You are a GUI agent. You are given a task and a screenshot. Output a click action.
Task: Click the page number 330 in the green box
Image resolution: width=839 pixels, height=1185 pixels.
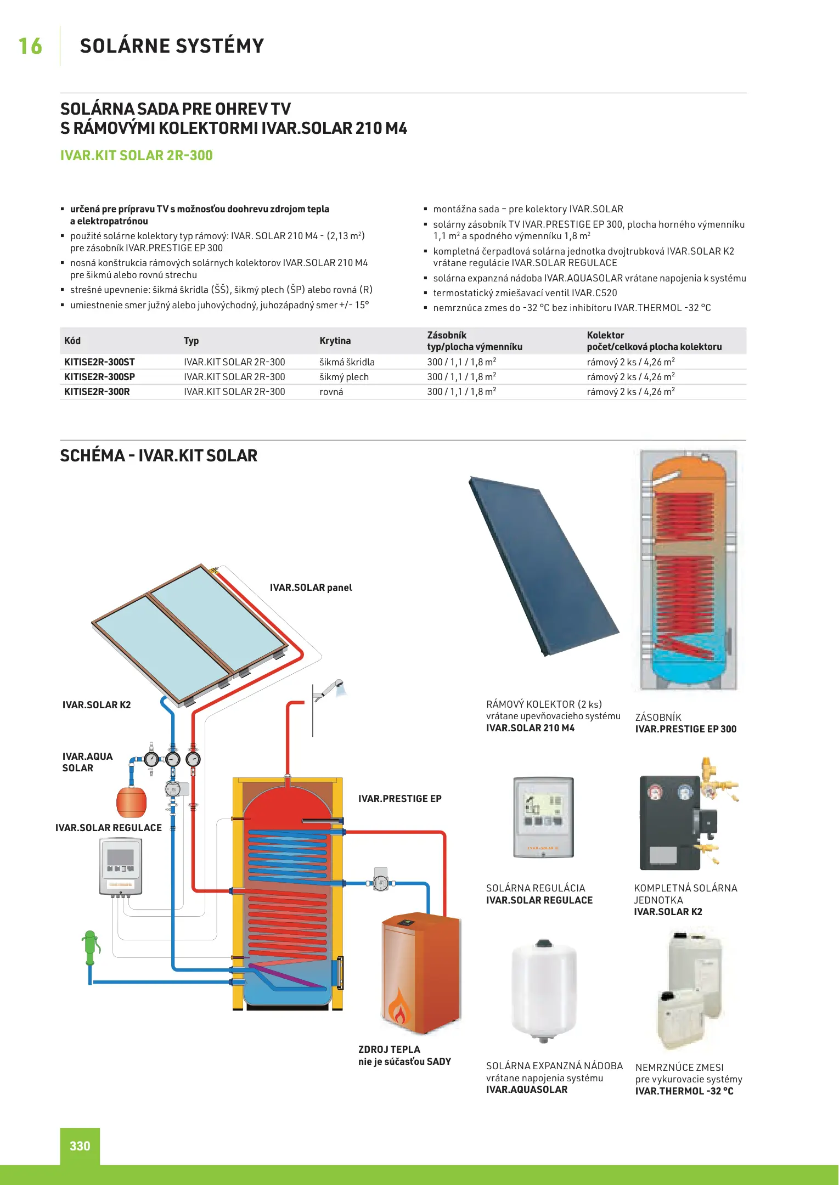(80, 1145)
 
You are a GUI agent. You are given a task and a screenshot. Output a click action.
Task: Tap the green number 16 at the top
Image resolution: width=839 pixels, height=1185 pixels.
(30, 47)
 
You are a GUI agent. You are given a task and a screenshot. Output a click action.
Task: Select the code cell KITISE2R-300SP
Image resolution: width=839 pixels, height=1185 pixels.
(99, 377)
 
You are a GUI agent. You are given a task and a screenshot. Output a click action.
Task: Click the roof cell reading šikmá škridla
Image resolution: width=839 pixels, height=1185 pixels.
(347, 362)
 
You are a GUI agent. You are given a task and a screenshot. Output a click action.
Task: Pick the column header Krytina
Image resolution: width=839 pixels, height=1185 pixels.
(335, 341)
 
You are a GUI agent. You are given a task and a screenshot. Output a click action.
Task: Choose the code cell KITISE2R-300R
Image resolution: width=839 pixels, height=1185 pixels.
(97, 392)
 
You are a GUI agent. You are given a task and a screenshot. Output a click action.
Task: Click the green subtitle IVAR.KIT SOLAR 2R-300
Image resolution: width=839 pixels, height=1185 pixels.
(136, 156)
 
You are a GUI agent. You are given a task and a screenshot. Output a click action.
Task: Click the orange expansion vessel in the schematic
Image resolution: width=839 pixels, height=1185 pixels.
(132, 802)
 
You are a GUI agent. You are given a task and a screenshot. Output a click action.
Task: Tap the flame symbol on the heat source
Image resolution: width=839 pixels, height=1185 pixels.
(399, 1007)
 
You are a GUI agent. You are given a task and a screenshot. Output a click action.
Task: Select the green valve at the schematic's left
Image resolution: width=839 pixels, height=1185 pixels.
(90, 947)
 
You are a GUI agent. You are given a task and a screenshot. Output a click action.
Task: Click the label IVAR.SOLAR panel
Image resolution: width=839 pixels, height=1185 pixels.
(311, 588)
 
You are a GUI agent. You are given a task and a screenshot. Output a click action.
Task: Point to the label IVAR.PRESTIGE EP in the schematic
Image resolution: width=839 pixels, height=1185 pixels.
(399, 799)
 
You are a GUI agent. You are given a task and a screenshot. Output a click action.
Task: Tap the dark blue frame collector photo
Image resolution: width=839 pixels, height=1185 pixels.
(543, 565)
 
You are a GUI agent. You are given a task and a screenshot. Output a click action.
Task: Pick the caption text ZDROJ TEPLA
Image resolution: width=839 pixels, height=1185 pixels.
(389, 1049)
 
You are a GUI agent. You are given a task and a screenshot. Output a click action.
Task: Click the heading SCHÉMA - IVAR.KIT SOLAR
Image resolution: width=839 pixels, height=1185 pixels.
(159, 456)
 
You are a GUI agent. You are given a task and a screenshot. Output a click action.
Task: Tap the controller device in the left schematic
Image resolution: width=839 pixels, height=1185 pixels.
(121, 867)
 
